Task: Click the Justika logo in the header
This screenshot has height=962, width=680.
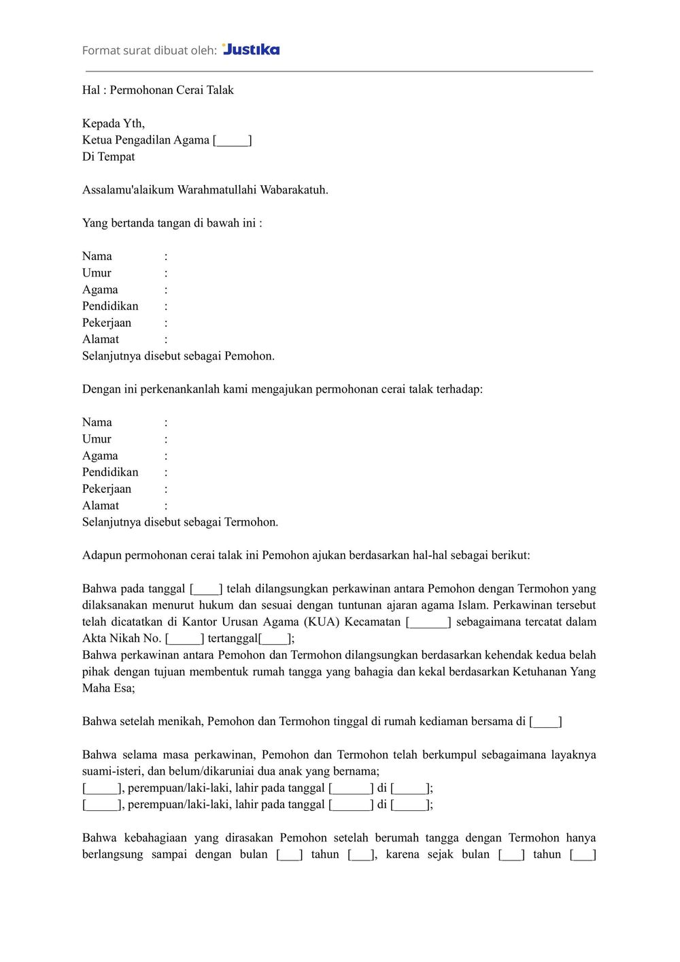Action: pos(251,49)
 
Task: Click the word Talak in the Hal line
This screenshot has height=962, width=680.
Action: pos(220,90)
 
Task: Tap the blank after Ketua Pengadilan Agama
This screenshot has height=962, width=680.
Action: pos(233,140)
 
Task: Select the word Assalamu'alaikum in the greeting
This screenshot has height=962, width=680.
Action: pos(128,190)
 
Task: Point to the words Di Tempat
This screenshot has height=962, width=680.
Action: pos(109,157)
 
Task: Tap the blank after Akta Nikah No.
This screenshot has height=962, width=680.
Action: pos(184,639)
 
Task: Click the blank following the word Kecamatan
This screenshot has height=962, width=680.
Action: pos(428,622)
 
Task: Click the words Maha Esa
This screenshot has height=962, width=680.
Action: pos(108,688)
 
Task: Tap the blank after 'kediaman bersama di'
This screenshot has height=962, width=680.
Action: pos(546,722)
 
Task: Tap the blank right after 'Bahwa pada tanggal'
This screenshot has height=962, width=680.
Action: pos(206,589)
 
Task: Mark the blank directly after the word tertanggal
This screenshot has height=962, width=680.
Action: pos(275,639)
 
